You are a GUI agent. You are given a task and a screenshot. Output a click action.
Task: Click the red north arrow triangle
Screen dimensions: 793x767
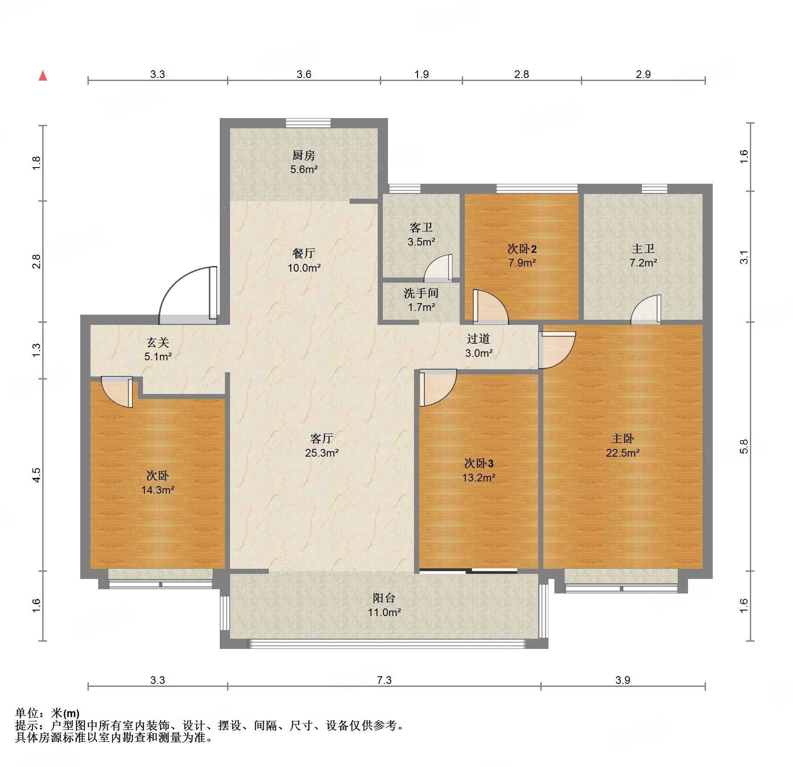coord(43,75)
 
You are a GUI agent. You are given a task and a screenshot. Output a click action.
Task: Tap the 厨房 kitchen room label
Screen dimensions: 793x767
coord(304,155)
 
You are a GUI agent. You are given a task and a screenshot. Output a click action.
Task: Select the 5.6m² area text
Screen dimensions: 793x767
coord(304,169)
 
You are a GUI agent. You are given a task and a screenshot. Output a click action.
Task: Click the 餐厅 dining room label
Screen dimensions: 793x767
coord(304,253)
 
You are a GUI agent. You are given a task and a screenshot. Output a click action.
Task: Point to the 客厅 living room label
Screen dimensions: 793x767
coord(322,438)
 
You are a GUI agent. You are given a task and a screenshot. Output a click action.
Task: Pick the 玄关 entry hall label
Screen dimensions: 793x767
coord(158,342)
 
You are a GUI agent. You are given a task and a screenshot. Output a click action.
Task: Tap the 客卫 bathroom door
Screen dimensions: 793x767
coord(438,269)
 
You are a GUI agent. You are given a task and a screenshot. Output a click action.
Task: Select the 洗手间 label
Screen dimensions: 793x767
coord(421,293)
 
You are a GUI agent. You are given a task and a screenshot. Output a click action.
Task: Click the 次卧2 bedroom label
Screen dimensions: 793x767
coord(522,249)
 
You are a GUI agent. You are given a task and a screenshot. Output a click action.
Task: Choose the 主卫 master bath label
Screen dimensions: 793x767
coord(643,249)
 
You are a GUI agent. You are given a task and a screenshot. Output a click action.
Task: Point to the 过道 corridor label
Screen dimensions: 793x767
coord(478,339)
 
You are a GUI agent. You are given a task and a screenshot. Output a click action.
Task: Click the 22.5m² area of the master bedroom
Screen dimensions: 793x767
coord(623,453)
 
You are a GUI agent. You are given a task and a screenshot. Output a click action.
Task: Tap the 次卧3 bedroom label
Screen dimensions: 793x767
coord(479,463)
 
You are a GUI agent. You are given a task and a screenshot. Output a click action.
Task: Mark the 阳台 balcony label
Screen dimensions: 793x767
coord(384,598)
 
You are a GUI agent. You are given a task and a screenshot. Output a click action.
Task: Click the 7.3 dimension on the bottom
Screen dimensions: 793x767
coord(384,680)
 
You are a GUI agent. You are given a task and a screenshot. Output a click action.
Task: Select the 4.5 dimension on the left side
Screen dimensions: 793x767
coord(37,475)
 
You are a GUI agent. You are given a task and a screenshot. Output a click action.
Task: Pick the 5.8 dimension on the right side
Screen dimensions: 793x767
coord(744,446)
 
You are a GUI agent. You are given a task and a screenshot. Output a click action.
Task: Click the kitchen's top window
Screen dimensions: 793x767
coord(308,123)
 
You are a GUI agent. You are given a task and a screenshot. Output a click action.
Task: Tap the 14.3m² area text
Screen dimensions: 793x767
coord(158,490)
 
